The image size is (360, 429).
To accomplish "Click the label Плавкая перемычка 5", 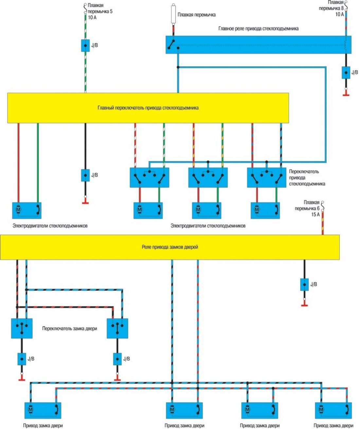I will point(99,11).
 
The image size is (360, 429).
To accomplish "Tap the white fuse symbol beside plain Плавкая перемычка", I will point(173,14).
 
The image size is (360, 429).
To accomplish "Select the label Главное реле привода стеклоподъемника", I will point(258,28).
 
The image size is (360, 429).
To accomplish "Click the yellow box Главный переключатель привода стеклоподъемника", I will point(148,108).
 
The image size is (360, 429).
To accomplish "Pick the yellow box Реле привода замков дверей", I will point(170,247).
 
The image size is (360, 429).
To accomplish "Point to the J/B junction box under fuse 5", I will point(85,45).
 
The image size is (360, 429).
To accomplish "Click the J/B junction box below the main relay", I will point(346,72).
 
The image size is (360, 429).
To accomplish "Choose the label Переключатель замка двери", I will point(69,328).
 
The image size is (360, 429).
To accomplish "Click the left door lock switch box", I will point(22,328).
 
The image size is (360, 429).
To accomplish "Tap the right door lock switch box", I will point(117,328).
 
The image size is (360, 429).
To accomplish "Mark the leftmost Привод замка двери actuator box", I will point(43,410).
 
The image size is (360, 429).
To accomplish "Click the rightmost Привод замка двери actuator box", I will point(333,410).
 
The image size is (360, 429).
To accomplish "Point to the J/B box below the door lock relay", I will point(304,284).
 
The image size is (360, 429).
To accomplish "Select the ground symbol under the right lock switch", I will point(117,379).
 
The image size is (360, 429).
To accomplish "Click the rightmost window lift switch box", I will point(266,177).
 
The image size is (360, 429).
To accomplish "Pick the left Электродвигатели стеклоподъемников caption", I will point(50,225).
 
